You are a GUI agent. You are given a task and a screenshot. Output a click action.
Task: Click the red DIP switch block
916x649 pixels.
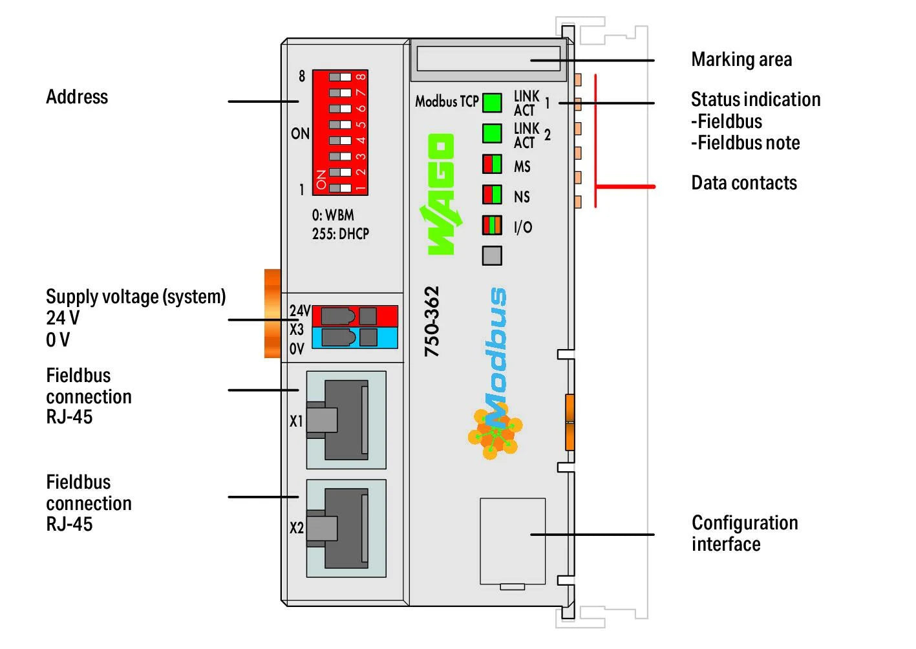click(340, 132)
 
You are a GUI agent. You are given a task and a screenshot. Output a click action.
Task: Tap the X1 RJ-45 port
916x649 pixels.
click(346, 420)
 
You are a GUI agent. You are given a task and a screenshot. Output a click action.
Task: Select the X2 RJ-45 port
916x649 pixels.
click(346, 528)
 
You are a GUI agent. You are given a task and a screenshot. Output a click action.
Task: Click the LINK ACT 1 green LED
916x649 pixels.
click(492, 102)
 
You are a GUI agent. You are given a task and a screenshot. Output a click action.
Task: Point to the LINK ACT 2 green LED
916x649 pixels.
click(492, 133)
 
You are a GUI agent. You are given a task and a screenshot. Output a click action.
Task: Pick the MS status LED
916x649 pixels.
click(492, 164)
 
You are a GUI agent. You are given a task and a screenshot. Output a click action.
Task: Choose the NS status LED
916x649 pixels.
click(492, 195)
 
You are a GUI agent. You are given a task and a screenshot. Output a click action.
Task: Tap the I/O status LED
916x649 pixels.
click(492, 225)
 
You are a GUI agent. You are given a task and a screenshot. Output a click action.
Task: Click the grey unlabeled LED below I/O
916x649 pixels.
click(492, 255)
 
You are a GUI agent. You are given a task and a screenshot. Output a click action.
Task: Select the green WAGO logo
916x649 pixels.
click(441, 194)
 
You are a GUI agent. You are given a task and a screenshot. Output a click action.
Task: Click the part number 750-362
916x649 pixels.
click(431, 321)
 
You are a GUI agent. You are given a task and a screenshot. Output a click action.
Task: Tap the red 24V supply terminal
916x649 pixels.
click(354, 316)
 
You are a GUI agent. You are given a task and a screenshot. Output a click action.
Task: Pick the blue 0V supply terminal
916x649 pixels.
click(354, 337)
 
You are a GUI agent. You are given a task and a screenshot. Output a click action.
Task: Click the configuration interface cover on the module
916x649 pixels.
click(513, 541)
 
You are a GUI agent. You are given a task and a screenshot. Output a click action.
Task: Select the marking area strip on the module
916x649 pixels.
click(489, 58)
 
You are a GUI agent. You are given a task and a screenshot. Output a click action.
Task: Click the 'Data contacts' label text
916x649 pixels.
click(744, 183)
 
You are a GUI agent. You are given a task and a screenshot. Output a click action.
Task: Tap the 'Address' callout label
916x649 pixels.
click(77, 97)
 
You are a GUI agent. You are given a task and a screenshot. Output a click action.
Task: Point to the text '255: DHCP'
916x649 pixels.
click(341, 233)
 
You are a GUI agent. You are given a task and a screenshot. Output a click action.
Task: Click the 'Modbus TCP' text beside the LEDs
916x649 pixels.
click(447, 101)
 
